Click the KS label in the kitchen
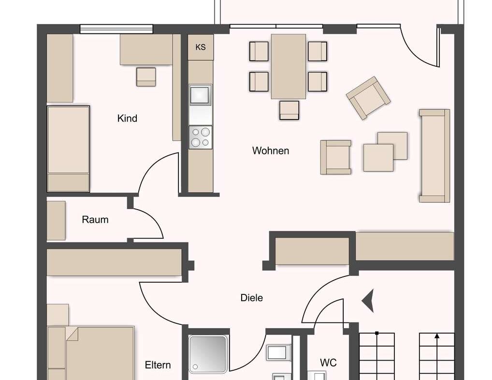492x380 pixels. point(201,47)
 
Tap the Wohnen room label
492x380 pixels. point(271,151)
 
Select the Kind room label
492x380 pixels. point(127,119)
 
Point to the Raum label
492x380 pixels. point(95,220)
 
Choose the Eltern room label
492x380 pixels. point(158,365)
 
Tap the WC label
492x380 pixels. point(328,363)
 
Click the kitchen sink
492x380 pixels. point(200,94)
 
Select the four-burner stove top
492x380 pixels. point(200,137)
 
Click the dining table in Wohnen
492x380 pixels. point(289,66)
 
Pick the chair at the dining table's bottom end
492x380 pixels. point(289,110)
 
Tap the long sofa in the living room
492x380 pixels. point(434,155)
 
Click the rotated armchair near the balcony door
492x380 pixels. point(368,98)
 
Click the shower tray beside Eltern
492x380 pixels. point(208,354)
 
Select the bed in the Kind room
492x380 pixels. point(68,149)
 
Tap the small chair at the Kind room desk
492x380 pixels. point(146,77)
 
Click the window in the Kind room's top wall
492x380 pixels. point(116,29)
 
